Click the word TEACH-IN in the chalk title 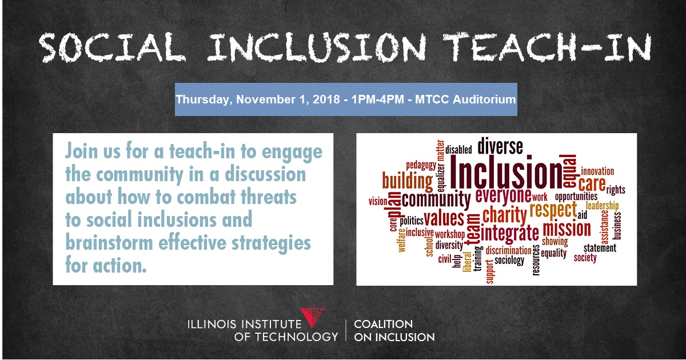tap(547, 47)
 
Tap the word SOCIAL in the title tap(113, 47)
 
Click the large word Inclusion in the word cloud tap(506, 172)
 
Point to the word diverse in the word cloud tap(500, 146)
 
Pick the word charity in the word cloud tap(504, 215)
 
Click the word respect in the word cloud tap(553, 210)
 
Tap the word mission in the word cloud tap(567, 229)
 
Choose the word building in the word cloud tap(407, 181)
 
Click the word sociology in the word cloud tap(509, 261)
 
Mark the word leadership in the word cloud tap(602, 206)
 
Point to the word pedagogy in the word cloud tap(421, 166)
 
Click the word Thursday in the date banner tap(204, 99)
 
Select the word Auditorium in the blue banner tap(484, 99)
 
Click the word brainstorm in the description tap(109, 242)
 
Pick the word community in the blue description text tap(139, 174)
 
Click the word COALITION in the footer tap(384, 324)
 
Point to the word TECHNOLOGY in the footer tap(297, 337)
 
